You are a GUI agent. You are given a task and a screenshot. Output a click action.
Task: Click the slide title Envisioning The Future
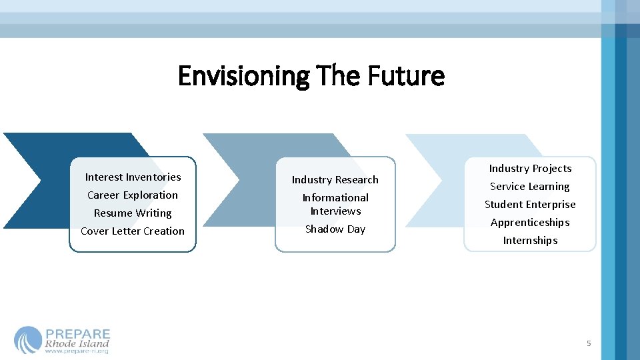pyautogui.click(x=311, y=76)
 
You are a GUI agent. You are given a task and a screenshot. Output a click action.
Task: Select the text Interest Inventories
pyautogui.click(x=133, y=177)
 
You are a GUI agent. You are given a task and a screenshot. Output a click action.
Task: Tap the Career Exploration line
pyautogui.click(x=133, y=195)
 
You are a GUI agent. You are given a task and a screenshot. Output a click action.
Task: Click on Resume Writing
pyautogui.click(x=133, y=213)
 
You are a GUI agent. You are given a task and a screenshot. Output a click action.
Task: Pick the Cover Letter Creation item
pyautogui.click(x=133, y=231)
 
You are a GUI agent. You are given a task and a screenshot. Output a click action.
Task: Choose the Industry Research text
pyautogui.click(x=335, y=180)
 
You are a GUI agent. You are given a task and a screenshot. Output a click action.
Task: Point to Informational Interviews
pyautogui.click(x=335, y=205)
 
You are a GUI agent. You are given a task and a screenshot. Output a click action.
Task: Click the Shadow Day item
pyautogui.click(x=335, y=229)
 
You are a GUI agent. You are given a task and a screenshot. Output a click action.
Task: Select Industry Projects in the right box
pyautogui.click(x=530, y=169)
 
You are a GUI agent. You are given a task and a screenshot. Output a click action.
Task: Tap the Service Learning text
pyautogui.click(x=530, y=187)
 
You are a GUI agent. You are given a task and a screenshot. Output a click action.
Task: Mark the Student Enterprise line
pyautogui.click(x=530, y=205)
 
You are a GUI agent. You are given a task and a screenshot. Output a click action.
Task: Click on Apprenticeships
pyautogui.click(x=530, y=223)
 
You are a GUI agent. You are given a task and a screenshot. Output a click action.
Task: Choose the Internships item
pyautogui.click(x=530, y=241)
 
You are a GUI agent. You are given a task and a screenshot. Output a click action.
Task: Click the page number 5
pyautogui.click(x=589, y=343)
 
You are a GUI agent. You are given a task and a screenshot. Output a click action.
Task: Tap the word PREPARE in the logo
pyautogui.click(x=78, y=334)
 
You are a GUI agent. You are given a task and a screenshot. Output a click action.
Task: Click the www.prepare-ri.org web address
pyautogui.click(x=77, y=351)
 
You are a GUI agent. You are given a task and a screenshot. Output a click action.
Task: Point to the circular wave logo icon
pyautogui.click(x=28, y=340)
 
